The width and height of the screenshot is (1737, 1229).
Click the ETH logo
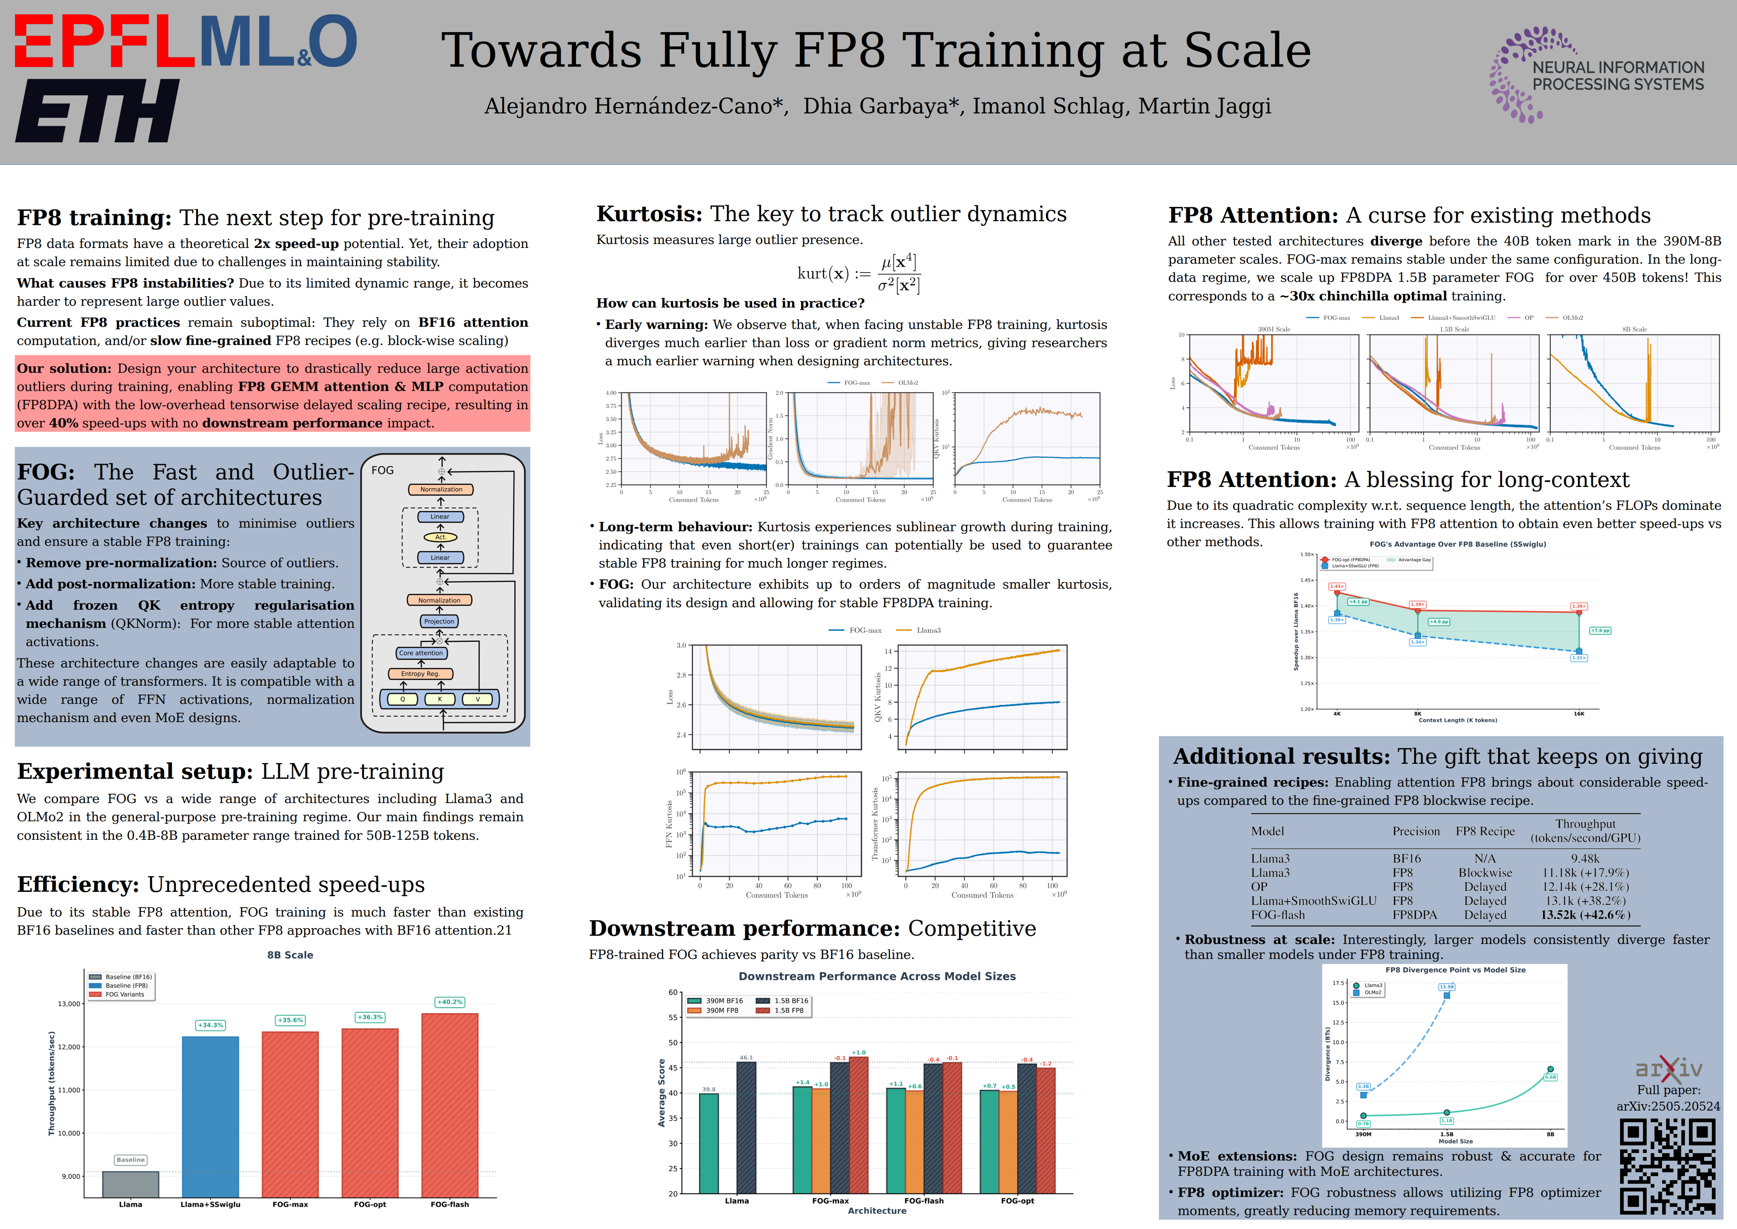pos(97,111)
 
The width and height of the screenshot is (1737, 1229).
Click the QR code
pos(1667,1167)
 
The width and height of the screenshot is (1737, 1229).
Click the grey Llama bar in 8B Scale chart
pos(131,1184)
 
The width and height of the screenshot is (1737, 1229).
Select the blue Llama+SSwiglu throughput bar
pos(210,1116)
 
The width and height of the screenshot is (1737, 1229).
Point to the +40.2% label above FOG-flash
pos(450,1002)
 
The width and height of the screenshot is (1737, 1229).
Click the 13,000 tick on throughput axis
pos(69,1004)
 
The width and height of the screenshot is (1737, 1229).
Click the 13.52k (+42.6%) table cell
pos(1586,915)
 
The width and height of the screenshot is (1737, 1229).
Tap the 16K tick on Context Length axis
pos(1579,714)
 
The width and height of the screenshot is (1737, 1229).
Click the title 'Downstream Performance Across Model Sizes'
pos(877,976)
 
